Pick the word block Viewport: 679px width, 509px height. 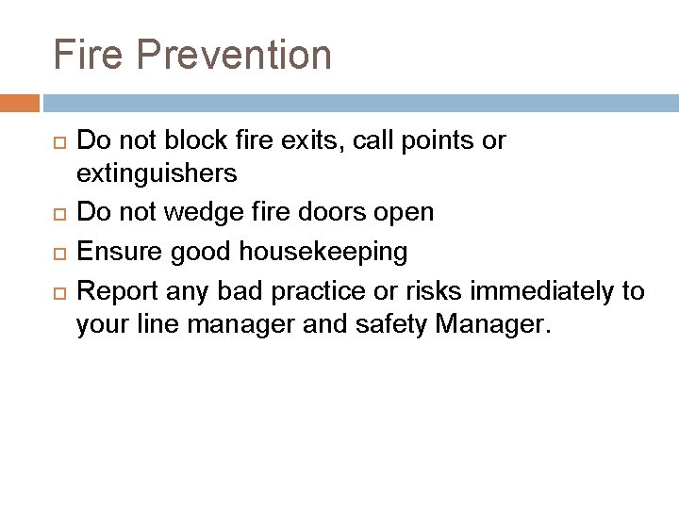point(193,141)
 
